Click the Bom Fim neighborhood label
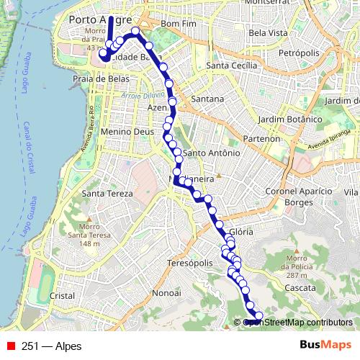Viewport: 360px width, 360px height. pyautogui.click(x=180, y=24)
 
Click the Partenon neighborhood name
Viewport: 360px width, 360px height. pyautogui.click(x=260, y=138)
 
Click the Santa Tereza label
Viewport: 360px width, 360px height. pyautogui.click(x=107, y=193)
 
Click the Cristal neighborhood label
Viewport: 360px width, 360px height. pyautogui.click(x=63, y=295)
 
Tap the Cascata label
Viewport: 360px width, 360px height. pyautogui.click(x=301, y=287)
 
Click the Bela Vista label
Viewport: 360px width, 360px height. pyautogui.click(x=268, y=33)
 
